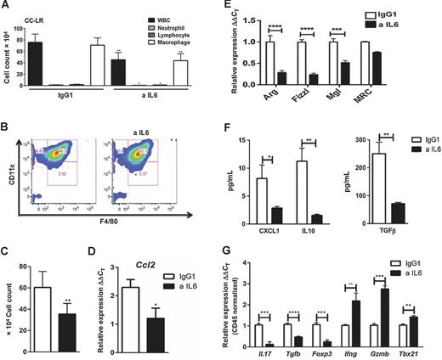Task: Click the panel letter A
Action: click(x=6, y=7)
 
